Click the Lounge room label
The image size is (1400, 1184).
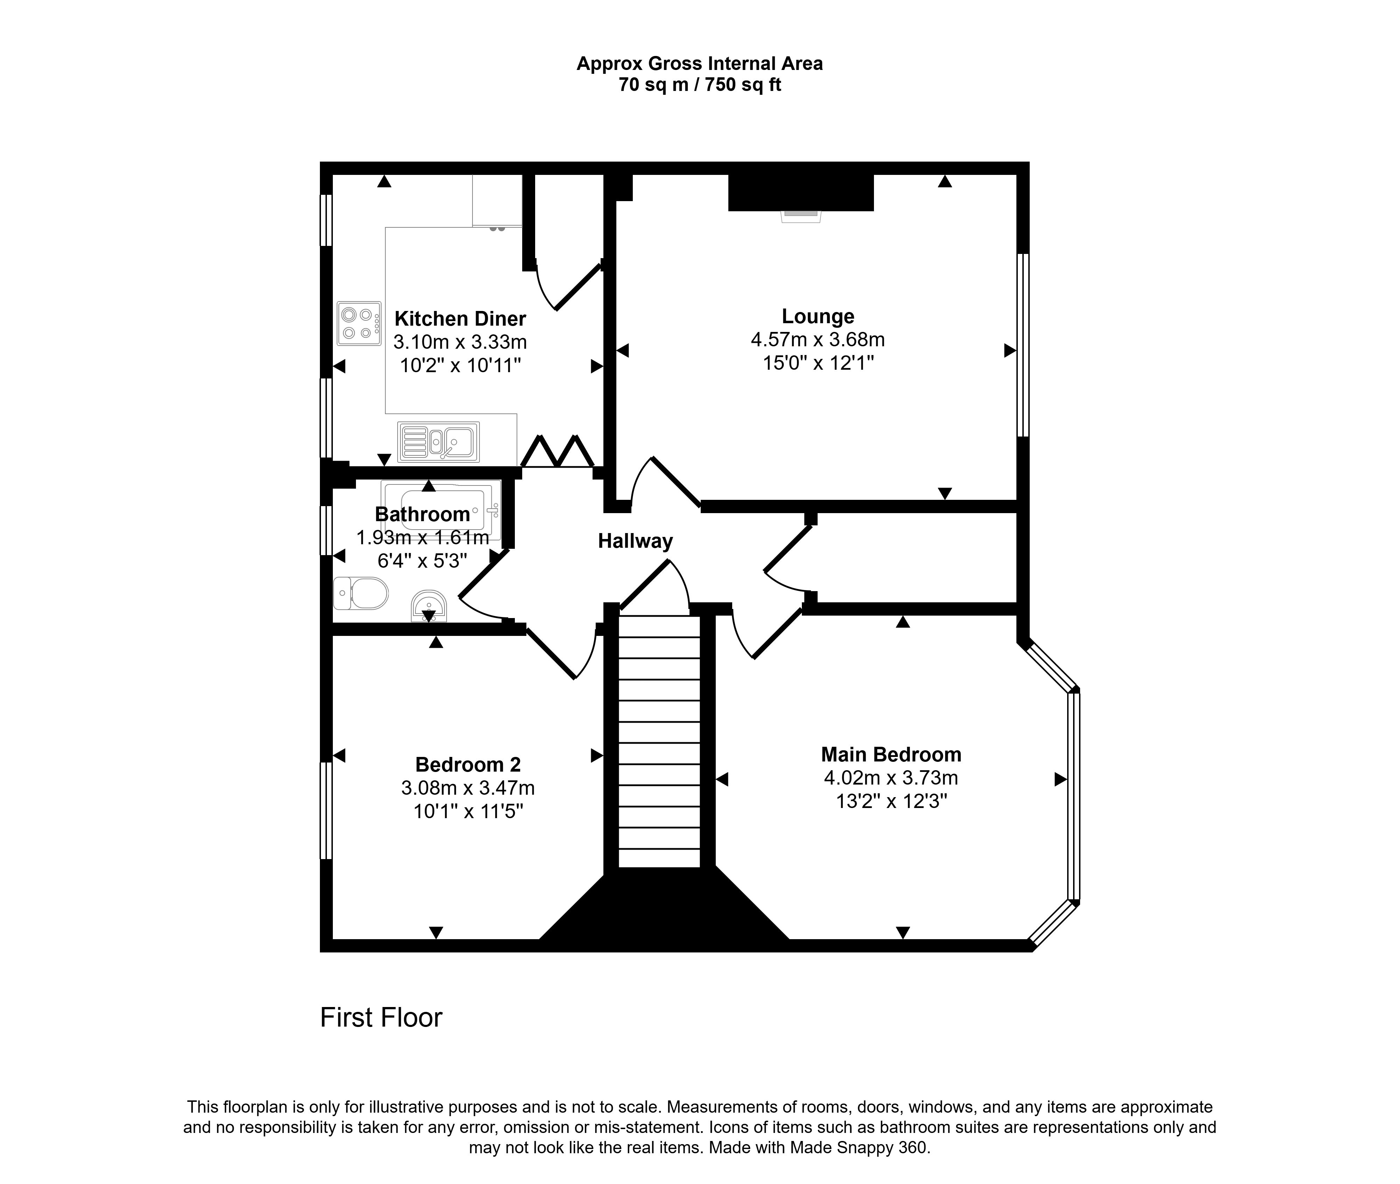coord(818,316)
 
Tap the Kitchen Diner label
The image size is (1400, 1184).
coord(460,318)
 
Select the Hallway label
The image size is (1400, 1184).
coord(635,541)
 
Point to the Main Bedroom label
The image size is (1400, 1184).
coord(891,754)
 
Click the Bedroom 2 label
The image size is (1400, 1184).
coord(468,765)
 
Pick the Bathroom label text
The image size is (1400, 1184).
coord(422,514)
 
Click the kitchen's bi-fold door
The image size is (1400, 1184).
coord(557,451)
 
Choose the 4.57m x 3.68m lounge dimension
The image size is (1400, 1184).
coord(818,340)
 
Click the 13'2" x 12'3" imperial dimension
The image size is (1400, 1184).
coord(891,801)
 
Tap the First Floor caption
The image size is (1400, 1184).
coord(381,1018)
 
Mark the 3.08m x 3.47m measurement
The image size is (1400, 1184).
coord(468,788)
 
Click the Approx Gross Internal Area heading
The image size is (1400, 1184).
coord(700,64)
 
